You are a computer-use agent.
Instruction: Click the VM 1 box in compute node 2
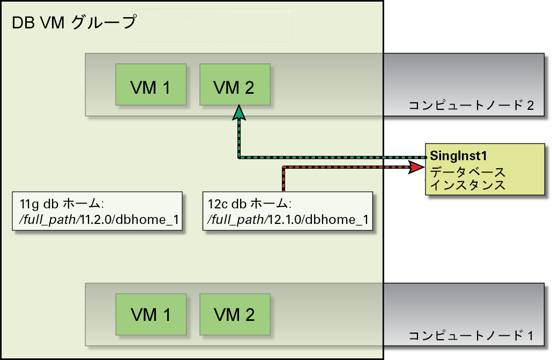pyautogui.click(x=151, y=85)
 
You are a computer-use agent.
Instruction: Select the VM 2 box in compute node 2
pyautogui.click(x=235, y=85)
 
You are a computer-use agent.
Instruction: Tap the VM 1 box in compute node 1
pyautogui.click(x=151, y=314)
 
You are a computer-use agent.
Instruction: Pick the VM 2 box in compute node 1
pyautogui.click(x=235, y=314)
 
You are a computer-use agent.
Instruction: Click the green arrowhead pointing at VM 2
pyautogui.click(x=239, y=112)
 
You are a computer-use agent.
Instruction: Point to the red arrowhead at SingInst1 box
pyautogui.click(x=416, y=167)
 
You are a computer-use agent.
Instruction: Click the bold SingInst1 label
pyautogui.click(x=458, y=155)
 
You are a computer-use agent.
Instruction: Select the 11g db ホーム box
pyautogui.click(x=97, y=211)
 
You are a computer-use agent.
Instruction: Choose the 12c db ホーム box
pyautogui.click(x=288, y=211)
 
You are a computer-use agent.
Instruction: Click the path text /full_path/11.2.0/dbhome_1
pyautogui.click(x=99, y=220)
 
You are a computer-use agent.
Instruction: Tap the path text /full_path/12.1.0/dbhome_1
pyautogui.click(x=288, y=220)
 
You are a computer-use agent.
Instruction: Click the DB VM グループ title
pyautogui.click(x=74, y=22)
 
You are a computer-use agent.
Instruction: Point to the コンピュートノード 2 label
pyautogui.click(x=471, y=105)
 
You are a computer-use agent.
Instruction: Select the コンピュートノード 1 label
pyautogui.click(x=471, y=335)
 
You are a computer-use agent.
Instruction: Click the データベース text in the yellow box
pyautogui.click(x=467, y=172)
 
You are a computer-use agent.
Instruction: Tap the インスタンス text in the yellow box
pyautogui.click(x=467, y=185)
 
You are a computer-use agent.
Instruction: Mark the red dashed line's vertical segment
pyautogui.click(x=284, y=179)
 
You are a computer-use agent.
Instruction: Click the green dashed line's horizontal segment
pyautogui.click(x=333, y=157)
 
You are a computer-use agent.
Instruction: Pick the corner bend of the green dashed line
pyautogui.click(x=239, y=157)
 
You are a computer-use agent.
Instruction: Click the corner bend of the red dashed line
pyautogui.click(x=284, y=167)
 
